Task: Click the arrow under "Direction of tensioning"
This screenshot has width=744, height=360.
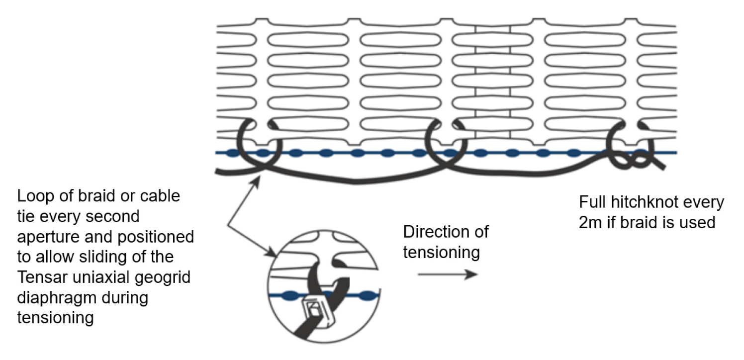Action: click(447, 274)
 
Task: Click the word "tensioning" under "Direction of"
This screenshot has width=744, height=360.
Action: click(441, 252)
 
